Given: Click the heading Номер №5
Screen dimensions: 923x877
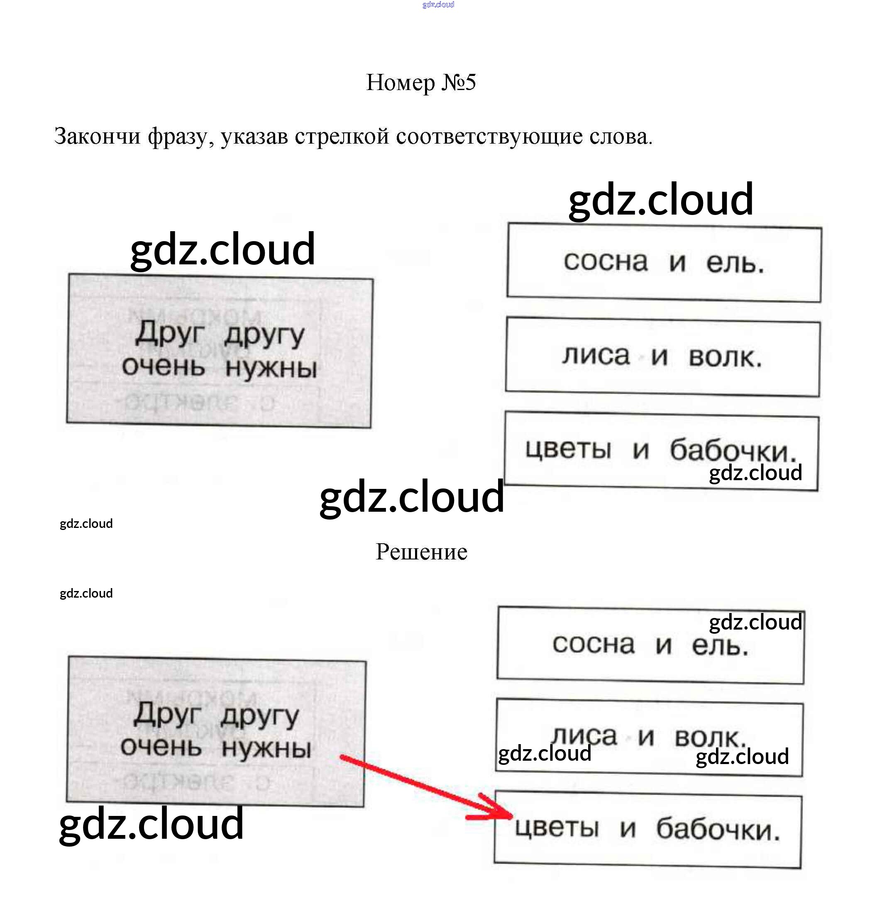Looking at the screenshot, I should [421, 83].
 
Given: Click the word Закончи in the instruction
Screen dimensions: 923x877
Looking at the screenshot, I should [97, 137].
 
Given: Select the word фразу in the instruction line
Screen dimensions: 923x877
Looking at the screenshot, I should [177, 137].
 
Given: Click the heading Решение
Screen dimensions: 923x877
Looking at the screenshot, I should [421, 552].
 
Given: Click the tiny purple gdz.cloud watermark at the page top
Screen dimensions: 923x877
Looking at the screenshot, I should [438, 5].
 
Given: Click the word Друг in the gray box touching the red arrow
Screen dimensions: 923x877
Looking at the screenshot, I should [167, 714].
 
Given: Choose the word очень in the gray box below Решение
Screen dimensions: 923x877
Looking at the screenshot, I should [161, 746].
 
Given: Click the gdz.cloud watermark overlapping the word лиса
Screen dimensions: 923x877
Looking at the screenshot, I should [545, 753].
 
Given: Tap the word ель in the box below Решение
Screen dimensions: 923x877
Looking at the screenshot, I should [720, 646].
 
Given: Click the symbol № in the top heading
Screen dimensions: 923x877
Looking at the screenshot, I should [452, 83].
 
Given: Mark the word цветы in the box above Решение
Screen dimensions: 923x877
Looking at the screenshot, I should [568, 449].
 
